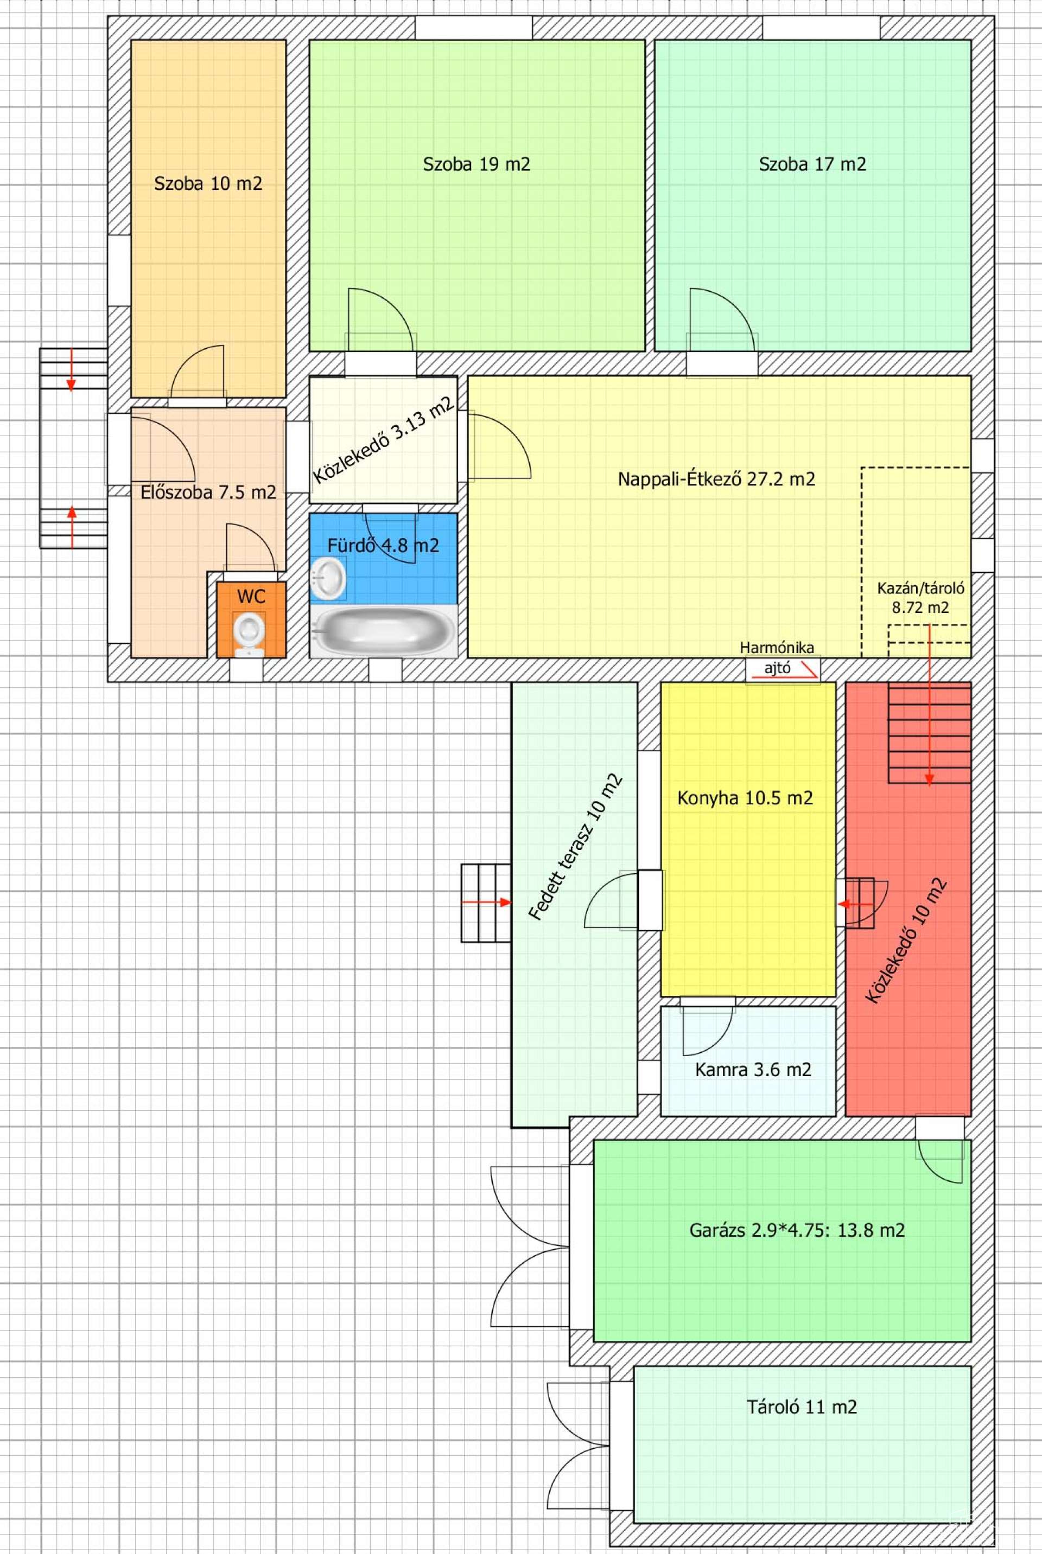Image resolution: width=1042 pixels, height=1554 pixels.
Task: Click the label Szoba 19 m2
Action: click(476, 164)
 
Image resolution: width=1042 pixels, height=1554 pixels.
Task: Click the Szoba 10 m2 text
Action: click(208, 183)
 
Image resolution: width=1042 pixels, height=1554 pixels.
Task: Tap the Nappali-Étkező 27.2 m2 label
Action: click(716, 479)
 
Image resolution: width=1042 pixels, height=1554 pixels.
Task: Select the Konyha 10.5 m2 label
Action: click(745, 797)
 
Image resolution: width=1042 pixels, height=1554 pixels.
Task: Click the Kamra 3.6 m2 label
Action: click(753, 1070)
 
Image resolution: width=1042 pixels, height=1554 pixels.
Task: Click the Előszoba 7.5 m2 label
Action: click(208, 492)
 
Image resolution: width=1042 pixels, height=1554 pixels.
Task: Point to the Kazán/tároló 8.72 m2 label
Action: click(920, 597)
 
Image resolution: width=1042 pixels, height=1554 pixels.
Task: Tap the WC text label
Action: click(251, 596)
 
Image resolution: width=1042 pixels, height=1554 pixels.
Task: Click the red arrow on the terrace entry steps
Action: click(486, 903)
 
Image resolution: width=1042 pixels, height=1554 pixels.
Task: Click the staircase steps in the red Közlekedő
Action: click(930, 735)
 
